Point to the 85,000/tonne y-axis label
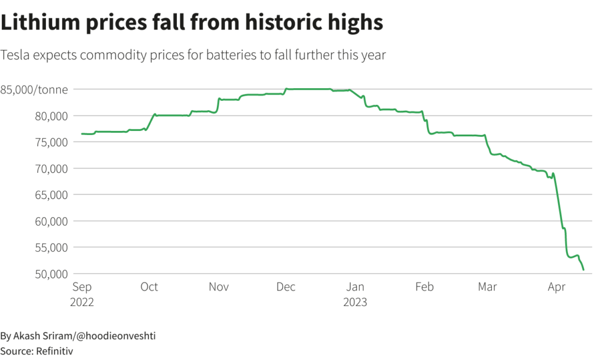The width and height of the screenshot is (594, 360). pyautogui.click(x=34, y=89)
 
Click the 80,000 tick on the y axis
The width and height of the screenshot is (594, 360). pyautogui.click(x=50, y=116)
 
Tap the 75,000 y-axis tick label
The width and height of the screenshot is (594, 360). pyautogui.click(x=50, y=142)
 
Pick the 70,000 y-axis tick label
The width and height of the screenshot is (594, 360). pyautogui.click(x=50, y=169)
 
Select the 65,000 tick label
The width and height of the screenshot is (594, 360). pyautogui.click(x=50, y=195)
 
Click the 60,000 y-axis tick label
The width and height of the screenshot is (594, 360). pyautogui.click(x=50, y=221)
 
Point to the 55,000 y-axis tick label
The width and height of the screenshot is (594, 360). pyautogui.click(x=50, y=248)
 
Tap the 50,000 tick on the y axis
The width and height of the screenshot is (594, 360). pyautogui.click(x=50, y=274)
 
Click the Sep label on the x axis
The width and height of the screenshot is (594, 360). pyautogui.click(x=81, y=287)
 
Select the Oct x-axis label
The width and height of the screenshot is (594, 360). pyautogui.click(x=149, y=287)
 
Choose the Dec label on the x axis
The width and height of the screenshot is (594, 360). pyautogui.click(x=286, y=287)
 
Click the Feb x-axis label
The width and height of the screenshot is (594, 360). pyautogui.click(x=425, y=287)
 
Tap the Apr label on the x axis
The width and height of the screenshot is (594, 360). pyautogui.click(x=557, y=287)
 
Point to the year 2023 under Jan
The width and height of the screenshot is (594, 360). pyautogui.click(x=356, y=302)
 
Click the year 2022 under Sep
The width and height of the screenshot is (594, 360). pyautogui.click(x=82, y=302)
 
